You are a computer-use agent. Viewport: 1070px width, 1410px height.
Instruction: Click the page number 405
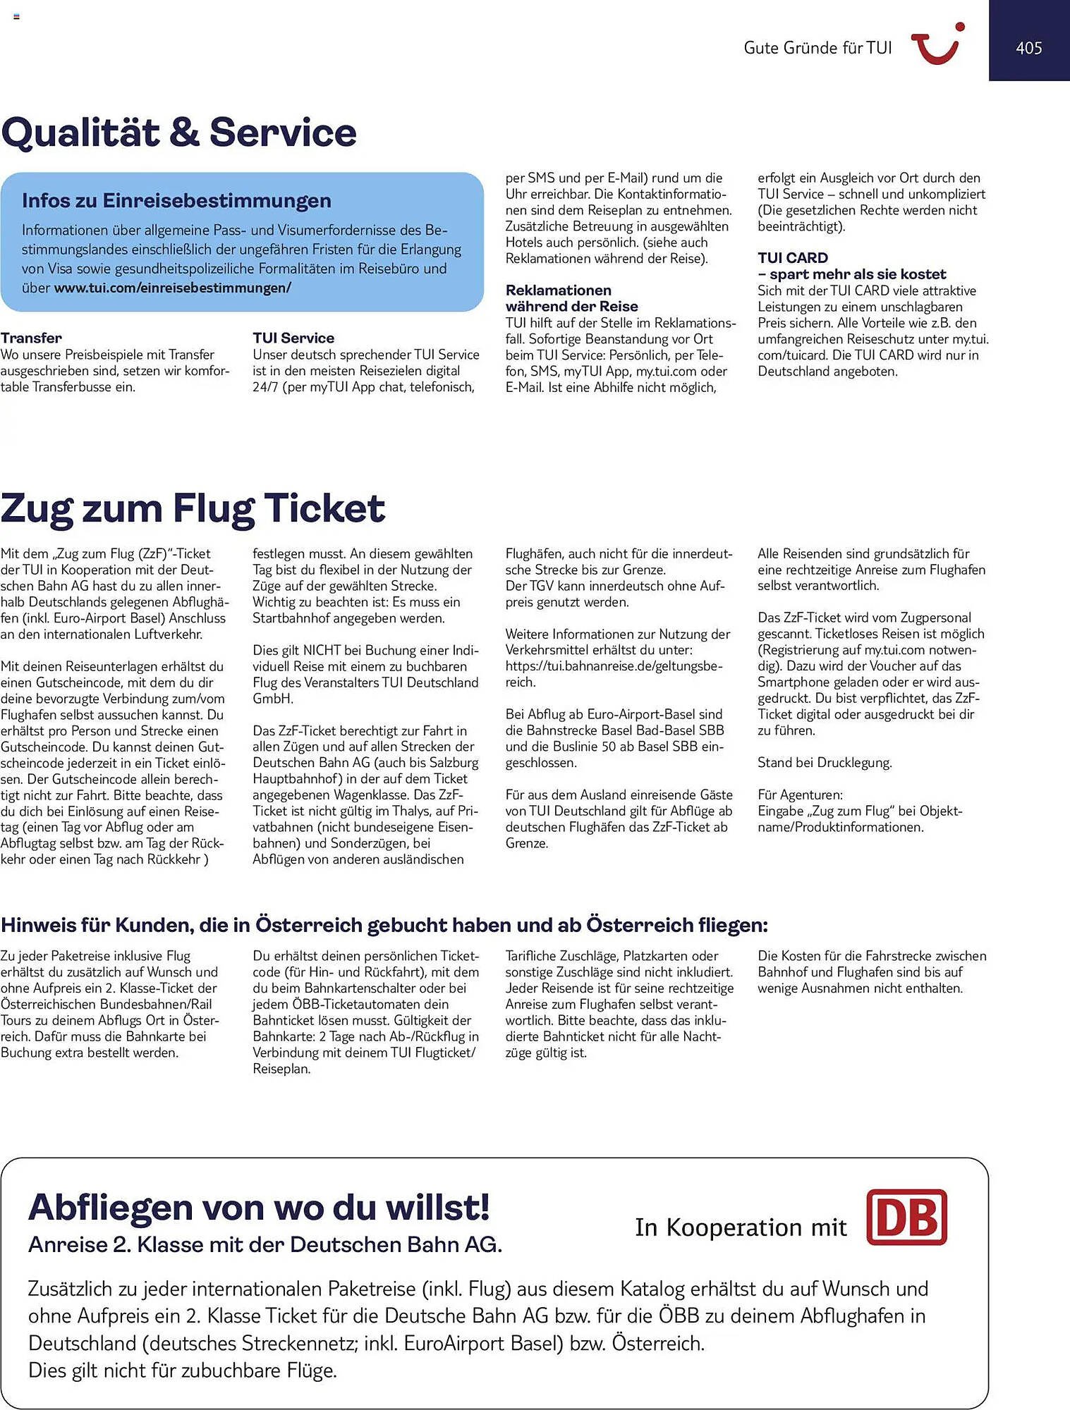tap(1028, 48)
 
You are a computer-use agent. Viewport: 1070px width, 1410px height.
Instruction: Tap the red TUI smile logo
tap(937, 44)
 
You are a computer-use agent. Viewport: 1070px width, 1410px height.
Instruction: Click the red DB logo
tap(906, 1218)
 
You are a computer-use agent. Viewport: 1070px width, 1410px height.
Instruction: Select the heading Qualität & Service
tap(179, 133)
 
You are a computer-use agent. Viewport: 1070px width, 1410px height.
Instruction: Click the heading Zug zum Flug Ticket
tap(193, 508)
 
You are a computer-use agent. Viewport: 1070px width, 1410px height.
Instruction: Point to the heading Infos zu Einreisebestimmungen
tap(176, 200)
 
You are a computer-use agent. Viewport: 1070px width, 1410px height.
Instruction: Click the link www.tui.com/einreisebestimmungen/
tap(172, 288)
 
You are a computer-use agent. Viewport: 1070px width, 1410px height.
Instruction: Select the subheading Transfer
tap(31, 338)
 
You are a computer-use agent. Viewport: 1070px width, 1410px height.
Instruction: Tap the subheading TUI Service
tap(293, 338)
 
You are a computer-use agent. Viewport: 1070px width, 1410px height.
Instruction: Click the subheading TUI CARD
tap(793, 258)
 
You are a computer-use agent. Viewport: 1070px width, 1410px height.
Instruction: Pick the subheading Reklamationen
tap(558, 290)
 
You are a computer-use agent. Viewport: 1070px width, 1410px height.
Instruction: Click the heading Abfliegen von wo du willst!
tap(259, 1208)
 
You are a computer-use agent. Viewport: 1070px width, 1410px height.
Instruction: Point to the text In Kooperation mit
tap(740, 1227)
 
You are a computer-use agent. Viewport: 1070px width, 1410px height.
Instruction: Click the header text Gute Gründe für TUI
tap(817, 48)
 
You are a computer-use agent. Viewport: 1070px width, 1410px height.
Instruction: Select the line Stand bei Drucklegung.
tap(825, 762)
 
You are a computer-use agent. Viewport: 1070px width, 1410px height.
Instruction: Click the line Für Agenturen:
tap(800, 795)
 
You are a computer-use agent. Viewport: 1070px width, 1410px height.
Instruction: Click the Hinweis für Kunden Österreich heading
tap(384, 925)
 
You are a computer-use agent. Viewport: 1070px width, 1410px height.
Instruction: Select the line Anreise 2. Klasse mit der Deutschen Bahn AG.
tap(265, 1245)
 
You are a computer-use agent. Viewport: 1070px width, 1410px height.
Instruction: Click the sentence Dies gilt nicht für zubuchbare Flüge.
tap(182, 1371)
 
